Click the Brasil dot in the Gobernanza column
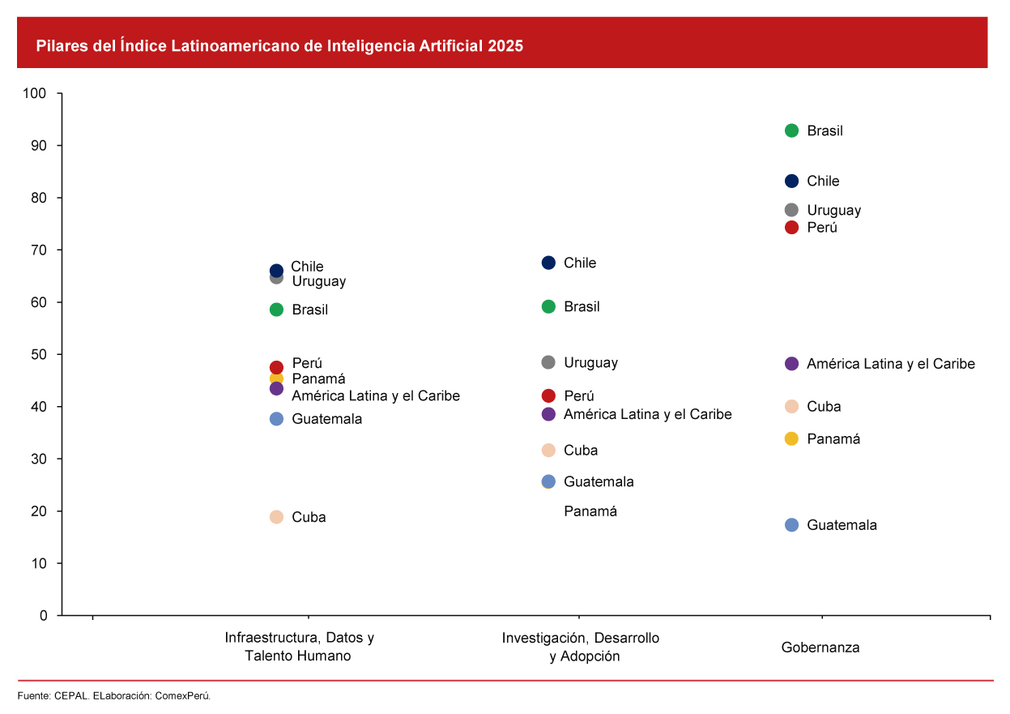[791, 130]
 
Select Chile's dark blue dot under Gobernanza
[791, 181]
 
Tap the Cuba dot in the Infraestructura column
[276, 517]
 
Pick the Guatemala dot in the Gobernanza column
[791, 525]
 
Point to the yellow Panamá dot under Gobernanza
[791, 438]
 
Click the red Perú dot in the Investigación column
[548, 395]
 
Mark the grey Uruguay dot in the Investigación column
[548, 362]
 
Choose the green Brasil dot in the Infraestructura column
[276, 310]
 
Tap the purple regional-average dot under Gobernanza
[791, 364]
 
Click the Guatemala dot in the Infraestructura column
[276, 419]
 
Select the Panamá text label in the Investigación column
[590, 511]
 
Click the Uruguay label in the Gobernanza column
[833, 210]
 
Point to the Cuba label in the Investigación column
[581, 451]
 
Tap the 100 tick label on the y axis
[35, 93]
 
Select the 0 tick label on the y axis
[44, 615]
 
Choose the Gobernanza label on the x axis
[820, 648]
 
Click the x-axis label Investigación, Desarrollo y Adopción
[580, 647]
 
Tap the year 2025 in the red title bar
[505, 46]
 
